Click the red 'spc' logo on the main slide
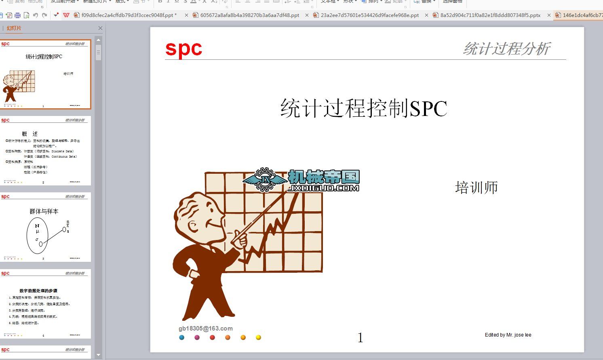[183, 49]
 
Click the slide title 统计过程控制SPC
[364, 108]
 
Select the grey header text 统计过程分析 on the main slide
[506, 49]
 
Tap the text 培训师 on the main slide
[476, 187]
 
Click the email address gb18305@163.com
[205, 328]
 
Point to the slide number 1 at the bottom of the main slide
[360, 338]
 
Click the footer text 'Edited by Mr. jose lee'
[508, 335]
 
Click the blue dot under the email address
[182, 337]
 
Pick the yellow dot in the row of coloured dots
[258, 337]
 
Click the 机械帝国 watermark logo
[301, 180]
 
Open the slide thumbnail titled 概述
[45, 151]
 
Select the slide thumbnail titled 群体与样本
[45, 227]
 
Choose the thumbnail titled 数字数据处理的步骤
[45, 304]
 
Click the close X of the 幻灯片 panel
[100, 28]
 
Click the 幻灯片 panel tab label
[14, 28]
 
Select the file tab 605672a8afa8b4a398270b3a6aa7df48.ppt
[250, 15]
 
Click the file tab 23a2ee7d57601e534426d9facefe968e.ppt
[369, 15]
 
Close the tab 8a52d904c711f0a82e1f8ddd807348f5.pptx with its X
[549, 15]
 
